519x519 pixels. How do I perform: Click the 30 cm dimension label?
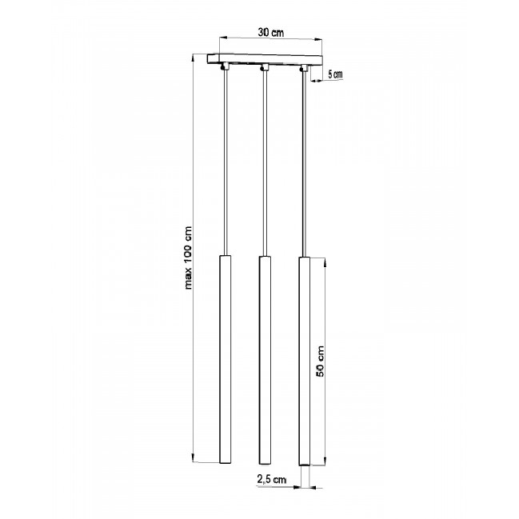pyautogui.click(x=271, y=33)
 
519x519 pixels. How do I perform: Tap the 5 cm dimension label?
pyautogui.click(x=335, y=74)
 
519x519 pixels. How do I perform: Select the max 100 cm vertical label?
pyautogui.click(x=188, y=258)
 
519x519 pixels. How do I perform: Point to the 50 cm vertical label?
pyautogui.click(x=320, y=361)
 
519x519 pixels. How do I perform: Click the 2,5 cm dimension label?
pyautogui.click(x=271, y=479)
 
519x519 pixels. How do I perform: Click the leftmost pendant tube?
pyautogui.click(x=225, y=359)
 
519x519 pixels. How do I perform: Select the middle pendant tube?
pyautogui.click(x=265, y=360)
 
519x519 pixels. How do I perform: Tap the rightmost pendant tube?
pyautogui.click(x=305, y=361)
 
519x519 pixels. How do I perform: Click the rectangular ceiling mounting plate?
pyautogui.click(x=265, y=60)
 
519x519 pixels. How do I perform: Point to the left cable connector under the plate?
pyautogui.click(x=225, y=66)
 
